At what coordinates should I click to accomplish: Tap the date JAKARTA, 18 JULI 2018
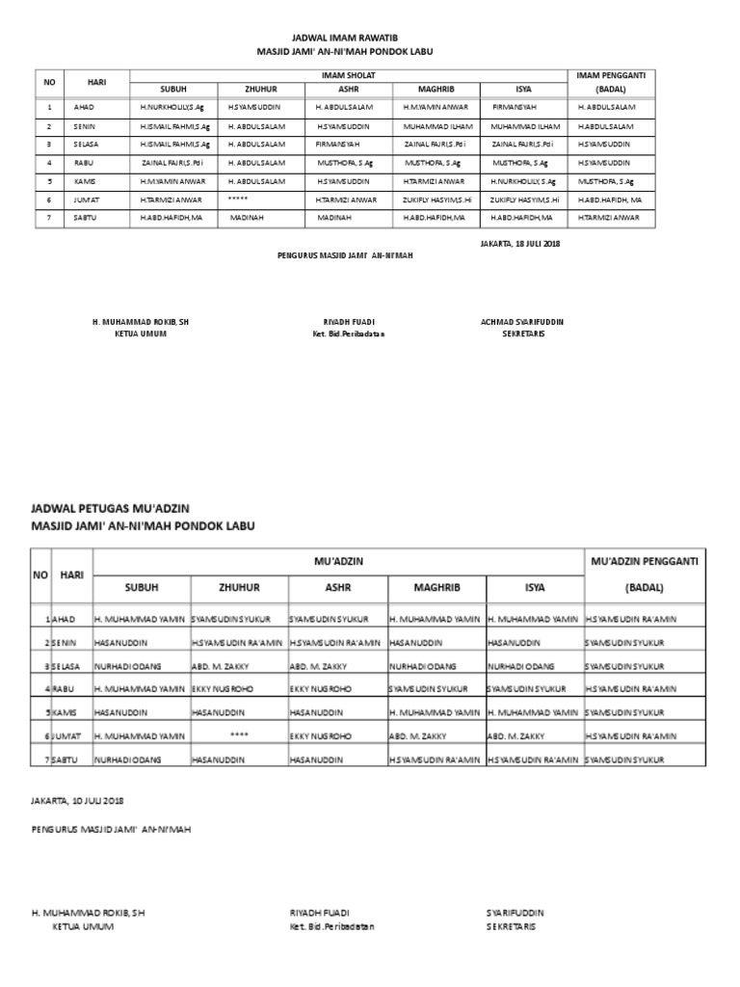tap(519, 243)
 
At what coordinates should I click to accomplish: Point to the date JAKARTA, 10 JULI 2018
tap(77, 800)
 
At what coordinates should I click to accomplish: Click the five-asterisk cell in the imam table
tap(239, 198)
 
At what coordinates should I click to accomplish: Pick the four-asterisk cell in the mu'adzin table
tap(240, 735)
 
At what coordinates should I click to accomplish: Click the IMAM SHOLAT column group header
tap(348, 74)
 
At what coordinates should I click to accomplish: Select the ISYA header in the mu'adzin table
tap(534, 587)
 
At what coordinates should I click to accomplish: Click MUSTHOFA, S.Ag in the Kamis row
tap(606, 181)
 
